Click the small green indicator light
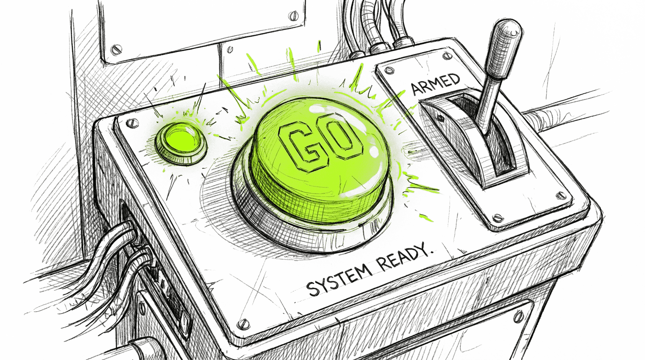tap(181, 139)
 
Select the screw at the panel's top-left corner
tap(130, 123)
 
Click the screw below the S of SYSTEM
tap(242, 322)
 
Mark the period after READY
tap(430, 254)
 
